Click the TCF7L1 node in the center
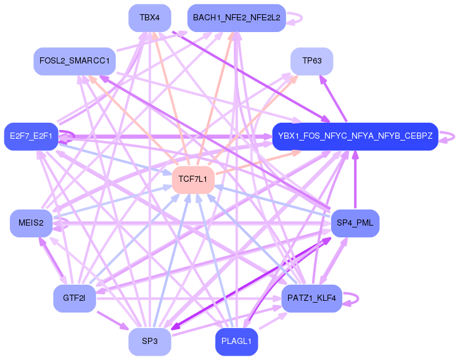coord(193,179)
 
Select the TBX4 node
coord(150,18)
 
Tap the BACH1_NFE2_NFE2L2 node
coord(237,18)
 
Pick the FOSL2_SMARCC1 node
coord(74,61)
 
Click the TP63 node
coord(312,61)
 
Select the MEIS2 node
coord(31,223)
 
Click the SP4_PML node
coord(355,223)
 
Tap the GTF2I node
coord(74,298)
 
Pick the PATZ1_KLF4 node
coord(311,298)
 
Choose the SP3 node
coord(150,342)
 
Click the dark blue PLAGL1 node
coord(236,342)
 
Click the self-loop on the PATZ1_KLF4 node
coord(353,298)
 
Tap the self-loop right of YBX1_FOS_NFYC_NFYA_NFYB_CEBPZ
coord(449,136)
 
